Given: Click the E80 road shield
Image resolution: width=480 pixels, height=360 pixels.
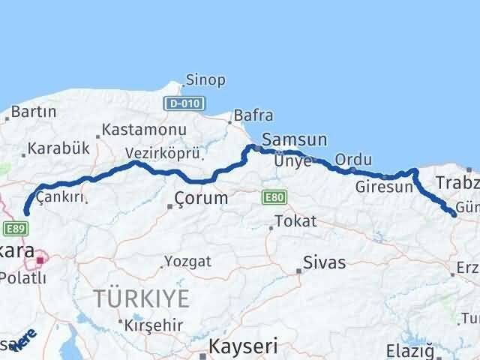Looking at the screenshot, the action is point(274,197).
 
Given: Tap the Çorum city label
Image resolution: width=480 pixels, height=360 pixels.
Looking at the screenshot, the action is point(200,199).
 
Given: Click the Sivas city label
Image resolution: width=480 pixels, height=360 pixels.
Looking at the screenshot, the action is point(324,262).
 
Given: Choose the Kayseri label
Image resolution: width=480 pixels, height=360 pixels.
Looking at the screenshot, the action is point(242,346).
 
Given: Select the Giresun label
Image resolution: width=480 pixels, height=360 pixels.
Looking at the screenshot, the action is point(384,187).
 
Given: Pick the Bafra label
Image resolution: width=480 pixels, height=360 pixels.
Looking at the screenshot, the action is point(253,115).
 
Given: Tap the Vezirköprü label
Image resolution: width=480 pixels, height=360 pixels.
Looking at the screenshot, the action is point(163,153).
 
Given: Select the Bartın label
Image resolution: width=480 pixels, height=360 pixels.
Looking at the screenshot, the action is point(35,112).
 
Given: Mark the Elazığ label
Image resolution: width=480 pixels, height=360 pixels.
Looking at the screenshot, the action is point(409,350).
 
